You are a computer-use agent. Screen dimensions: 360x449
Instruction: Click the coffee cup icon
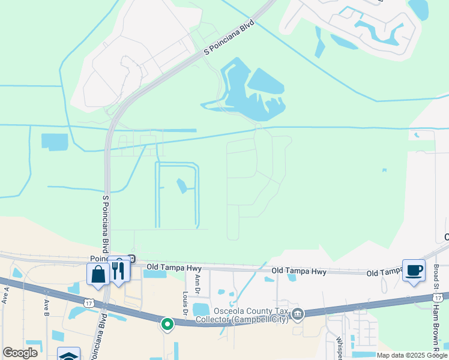414,270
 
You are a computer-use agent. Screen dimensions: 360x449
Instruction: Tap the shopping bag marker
98,274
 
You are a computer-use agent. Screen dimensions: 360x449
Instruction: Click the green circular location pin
167,325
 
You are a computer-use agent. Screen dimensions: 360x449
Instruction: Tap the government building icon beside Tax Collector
297,314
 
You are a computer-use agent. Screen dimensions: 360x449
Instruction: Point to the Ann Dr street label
197,284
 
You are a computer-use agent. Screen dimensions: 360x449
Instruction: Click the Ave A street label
7,296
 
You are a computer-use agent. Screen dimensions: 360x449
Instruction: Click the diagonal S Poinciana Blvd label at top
229,38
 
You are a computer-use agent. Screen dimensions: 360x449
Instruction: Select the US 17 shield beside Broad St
438,297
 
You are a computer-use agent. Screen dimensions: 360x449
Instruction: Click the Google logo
20,352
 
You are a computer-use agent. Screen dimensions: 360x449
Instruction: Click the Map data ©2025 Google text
412,355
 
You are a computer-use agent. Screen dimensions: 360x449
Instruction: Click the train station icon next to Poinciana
131,259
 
